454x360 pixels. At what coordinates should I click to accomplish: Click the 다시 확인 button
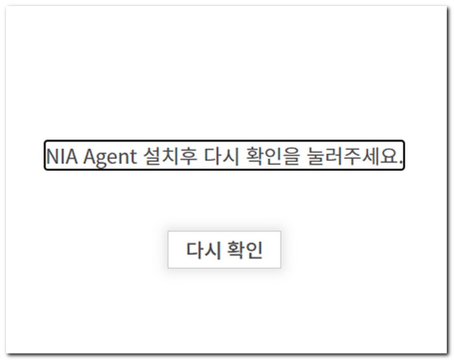(224, 250)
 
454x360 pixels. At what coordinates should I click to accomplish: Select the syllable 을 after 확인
(290, 157)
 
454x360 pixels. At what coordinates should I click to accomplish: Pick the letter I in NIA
(63, 157)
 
